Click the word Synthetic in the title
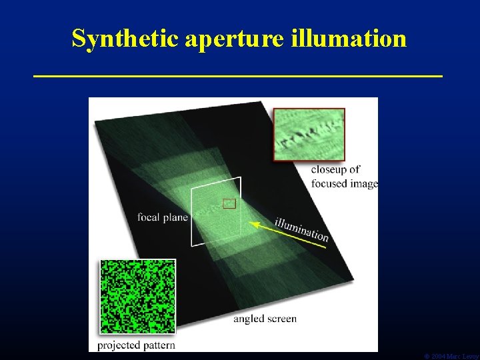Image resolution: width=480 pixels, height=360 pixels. coord(125,39)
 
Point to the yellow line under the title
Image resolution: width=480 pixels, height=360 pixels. coord(238,77)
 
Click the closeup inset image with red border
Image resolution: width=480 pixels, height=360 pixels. coord(309,134)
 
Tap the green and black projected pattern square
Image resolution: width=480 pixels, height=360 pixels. coord(137,296)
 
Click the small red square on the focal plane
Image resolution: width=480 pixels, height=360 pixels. coord(229,203)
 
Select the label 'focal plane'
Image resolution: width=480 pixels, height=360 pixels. coord(163,217)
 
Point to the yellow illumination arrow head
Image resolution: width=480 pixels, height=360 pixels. coord(256,223)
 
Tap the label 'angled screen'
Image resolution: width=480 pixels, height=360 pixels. coord(265,319)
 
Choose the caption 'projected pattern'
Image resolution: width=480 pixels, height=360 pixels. coord(136,345)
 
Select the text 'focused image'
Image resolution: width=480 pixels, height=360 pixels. coord(344,183)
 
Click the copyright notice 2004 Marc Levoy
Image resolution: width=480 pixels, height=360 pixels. coord(451,356)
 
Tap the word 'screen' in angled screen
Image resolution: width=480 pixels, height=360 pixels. coord(281,319)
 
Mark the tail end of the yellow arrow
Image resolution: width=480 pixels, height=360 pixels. coord(325,247)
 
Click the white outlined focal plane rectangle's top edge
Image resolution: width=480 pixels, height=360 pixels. coord(217,183)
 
